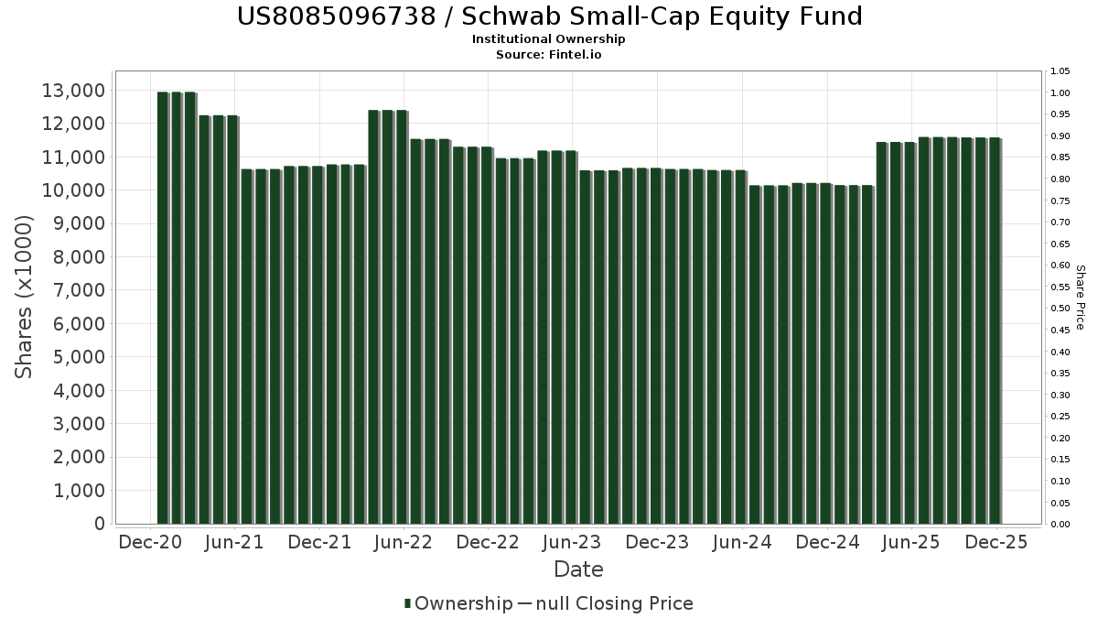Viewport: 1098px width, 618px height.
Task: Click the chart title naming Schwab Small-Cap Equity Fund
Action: (x=549, y=16)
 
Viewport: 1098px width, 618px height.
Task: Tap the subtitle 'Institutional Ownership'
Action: (x=549, y=39)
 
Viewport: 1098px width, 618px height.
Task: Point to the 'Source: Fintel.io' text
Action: (x=549, y=54)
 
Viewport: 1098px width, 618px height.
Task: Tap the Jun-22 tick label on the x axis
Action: (x=404, y=543)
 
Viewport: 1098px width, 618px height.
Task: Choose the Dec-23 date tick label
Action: (x=656, y=543)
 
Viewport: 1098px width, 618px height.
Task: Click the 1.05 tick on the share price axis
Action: (x=1060, y=71)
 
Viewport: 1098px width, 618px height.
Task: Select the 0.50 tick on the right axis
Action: (x=1060, y=309)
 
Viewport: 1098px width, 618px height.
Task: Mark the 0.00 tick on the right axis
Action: (x=1060, y=525)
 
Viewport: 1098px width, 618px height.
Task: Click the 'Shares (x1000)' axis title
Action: (x=25, y=298)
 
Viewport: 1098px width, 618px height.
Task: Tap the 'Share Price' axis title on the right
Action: (x=1080, y=298)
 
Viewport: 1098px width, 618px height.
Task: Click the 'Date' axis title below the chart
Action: (x=578, y=569)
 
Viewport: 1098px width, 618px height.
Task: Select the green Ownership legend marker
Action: (x=408, y=603)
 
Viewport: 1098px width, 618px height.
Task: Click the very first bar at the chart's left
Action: (x=163, y=308)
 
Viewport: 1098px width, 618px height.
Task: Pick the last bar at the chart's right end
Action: (x=994, y=331)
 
